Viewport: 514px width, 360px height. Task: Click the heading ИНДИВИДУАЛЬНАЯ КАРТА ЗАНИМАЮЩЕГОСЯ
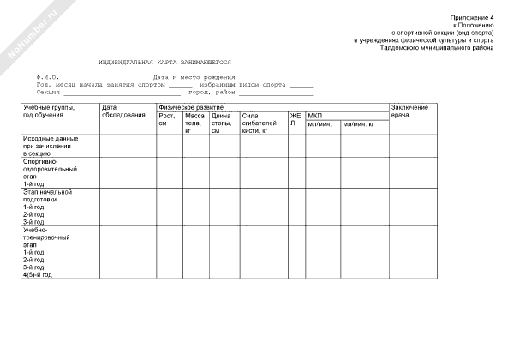(164, 63)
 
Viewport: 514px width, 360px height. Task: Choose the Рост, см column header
(167, 120)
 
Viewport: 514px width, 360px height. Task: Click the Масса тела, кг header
(194, 123)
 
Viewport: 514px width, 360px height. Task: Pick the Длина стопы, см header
(221, 123)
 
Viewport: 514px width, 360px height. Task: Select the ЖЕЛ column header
(295, 119)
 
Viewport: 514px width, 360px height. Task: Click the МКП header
(314, 115)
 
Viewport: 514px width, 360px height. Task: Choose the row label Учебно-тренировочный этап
(43, 242)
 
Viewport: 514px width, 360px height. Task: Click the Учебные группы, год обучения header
(48, 111)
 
